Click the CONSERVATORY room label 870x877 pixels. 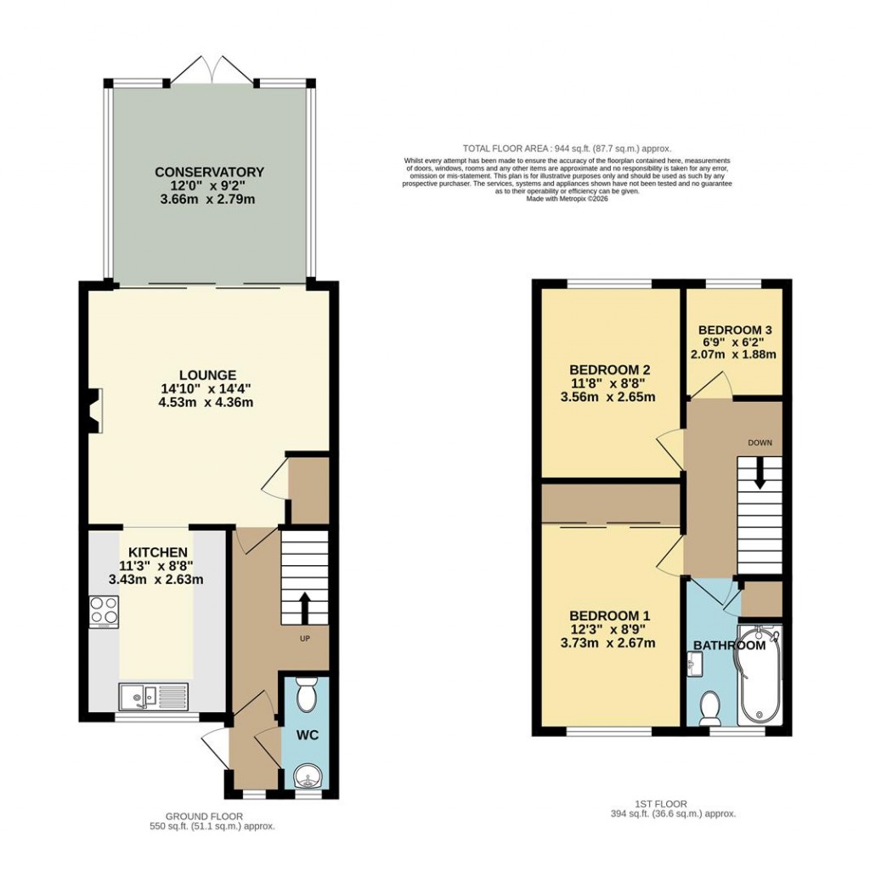point(209,173)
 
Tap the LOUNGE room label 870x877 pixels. point(207,376)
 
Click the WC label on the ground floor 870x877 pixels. point(307,734)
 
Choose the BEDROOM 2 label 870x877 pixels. point(610,370)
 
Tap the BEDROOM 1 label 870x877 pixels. point(610,615)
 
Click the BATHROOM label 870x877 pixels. point(729,645)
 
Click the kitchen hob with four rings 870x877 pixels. point(104,609)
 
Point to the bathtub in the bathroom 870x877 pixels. point(762,676)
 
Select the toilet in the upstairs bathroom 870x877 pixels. point(710,707)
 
